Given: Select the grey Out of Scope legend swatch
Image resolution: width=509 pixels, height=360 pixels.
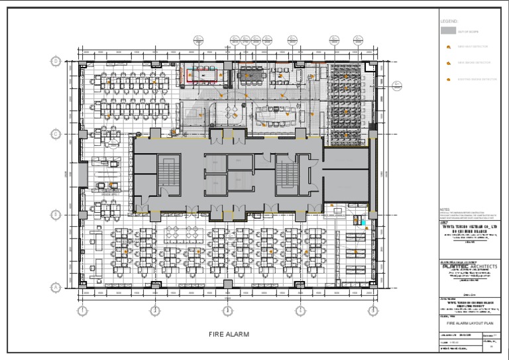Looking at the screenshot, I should pyautogui.click(x=448, y=30).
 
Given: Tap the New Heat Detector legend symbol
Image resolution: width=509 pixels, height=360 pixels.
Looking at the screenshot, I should pyautogui.click(x=447, y=47).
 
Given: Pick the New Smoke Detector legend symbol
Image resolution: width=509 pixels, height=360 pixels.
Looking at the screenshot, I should pyautogui.click(x=447, y=63).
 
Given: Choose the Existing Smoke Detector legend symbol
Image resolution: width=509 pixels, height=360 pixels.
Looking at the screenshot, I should pyautogui.click(x=447, y=79).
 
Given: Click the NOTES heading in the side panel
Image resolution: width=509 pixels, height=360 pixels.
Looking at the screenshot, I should pyautogui.click(x=445, y=209).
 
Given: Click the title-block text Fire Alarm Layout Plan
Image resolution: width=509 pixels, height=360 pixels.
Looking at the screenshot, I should pyautogui.click(x=472, y=324).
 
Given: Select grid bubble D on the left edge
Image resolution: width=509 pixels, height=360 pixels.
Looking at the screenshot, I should pyautogui.click(x=56, y=62).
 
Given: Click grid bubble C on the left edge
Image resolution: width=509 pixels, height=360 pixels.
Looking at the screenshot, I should pyautogui.click(x=56, y=134).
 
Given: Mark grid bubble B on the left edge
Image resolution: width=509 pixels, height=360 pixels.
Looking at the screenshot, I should pyautogui.click(x=56, y=215).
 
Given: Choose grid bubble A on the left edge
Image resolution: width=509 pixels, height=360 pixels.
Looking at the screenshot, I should pyautogui.click(x=56, y=287).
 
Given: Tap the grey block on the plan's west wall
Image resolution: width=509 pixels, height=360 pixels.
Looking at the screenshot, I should pyautogui.click(x=82, y=175).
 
